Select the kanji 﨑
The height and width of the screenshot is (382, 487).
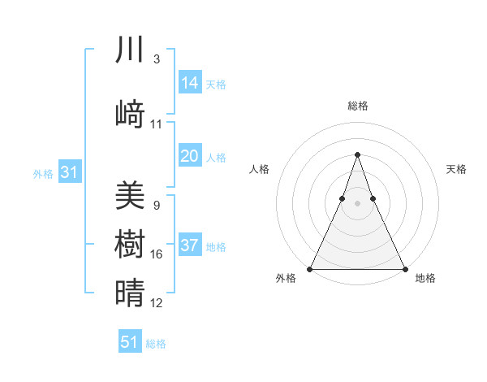[x=130, y=115]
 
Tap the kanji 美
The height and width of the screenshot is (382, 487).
[x=130, y=195]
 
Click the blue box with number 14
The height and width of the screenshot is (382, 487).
[x=190, y=83]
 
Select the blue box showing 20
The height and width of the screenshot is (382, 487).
[x=190, y=156]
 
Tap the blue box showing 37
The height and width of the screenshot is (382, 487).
[x=190, y=246]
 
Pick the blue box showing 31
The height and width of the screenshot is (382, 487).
[x=69, y=172]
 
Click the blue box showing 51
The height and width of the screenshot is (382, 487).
[x=130, y=341]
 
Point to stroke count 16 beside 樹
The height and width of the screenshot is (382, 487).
[x=157, y=254]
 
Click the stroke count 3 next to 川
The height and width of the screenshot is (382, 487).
[x=157, y=59]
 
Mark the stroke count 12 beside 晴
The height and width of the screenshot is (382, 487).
[x=157, y=303]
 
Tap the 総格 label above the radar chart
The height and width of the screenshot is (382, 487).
[x=357, y=106]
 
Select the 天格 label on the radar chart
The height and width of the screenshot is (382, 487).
[x=456, y=169]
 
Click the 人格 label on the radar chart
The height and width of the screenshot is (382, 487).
[x=260, y=169]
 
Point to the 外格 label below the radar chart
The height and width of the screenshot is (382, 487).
[x=286, y=279]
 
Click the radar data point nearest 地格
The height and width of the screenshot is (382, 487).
[x=404, y=268]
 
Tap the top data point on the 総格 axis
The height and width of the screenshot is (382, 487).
[x=357, y=154]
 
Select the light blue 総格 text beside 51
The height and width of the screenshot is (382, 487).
[x=156, y=344]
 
